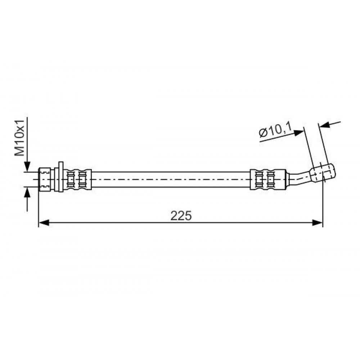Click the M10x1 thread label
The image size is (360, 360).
pyautogui.click(x=19, y=138)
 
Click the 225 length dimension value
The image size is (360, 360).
pyautogui.click(x=181, y=216)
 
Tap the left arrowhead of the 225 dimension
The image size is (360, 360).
pyautogui.click(x=44, y=223)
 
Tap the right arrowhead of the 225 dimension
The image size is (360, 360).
pyautogui.click(x=317, y=223)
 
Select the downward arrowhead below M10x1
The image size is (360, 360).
pyautogui.click(x=27, y=166)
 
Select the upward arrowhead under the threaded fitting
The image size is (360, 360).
pyautogui.click(x=27, y=192)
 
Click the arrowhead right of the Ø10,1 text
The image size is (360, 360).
pyautogui.click(x=298, y=133)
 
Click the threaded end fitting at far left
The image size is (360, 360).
pyautogui.click(x=45, y=179)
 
